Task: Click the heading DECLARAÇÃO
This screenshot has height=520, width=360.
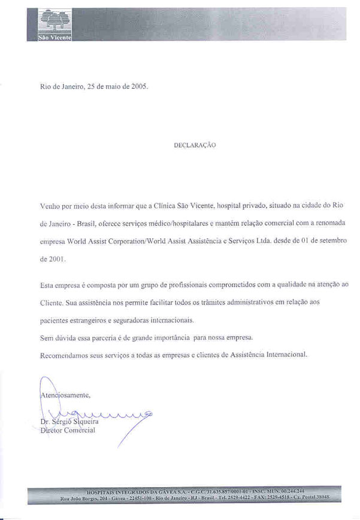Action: [x=195, y=146]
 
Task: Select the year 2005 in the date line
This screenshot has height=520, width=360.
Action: [x=138, y=86]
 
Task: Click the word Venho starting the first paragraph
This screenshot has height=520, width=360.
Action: [x=50, y=205]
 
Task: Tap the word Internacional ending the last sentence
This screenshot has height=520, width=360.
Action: [x=284, y=355]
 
